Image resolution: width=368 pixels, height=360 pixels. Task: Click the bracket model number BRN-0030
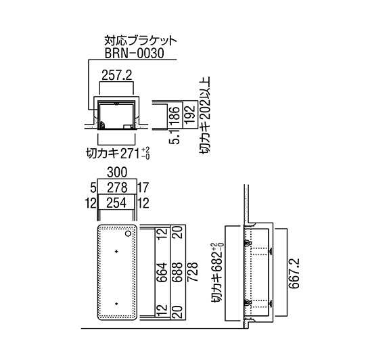coord(134,53)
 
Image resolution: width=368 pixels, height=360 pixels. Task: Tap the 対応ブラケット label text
coord(140,41)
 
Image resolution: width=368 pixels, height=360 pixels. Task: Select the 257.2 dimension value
coord(117,75)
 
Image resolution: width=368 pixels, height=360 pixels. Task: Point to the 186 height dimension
coord(175,115)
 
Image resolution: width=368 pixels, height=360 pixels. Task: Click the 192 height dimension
coord(190,114)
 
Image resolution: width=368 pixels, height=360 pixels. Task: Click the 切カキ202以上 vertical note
coord(205,115)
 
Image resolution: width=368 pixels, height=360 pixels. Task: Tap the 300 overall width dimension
coord(117,172)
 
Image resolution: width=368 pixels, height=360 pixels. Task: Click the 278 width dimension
coord(117,187)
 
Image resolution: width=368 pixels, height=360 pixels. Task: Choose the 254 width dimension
coord(116,203)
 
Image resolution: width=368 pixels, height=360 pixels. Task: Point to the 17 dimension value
coord(143,187)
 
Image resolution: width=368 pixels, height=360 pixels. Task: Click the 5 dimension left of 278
coord(93,188)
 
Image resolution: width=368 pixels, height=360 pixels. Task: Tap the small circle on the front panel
coord(129,233)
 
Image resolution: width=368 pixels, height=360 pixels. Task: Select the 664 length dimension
coord(162,272)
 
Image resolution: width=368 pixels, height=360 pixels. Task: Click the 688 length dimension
coord(177,272)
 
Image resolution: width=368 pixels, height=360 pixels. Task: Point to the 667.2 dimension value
coord(294,273)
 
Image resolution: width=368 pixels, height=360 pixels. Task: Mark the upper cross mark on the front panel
coord(116,252)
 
